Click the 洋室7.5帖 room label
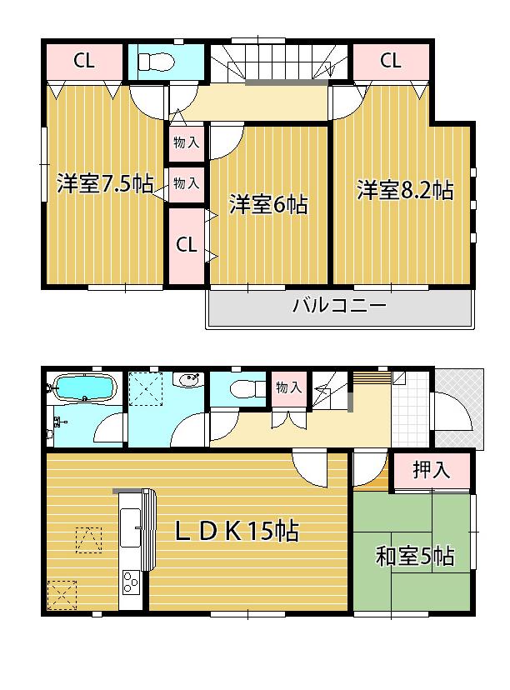click(x=104, y=185)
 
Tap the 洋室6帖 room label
click(x=268, y=204)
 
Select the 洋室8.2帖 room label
click(x=405, y=190)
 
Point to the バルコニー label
click(x=339, y=306)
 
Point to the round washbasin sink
click(x=190, y=382)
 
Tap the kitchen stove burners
click(x=132, y=580)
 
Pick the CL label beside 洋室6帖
click(x=186, y=245)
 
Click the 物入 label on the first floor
click(x=289, y=387)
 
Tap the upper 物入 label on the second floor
click(x=186, y=142)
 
